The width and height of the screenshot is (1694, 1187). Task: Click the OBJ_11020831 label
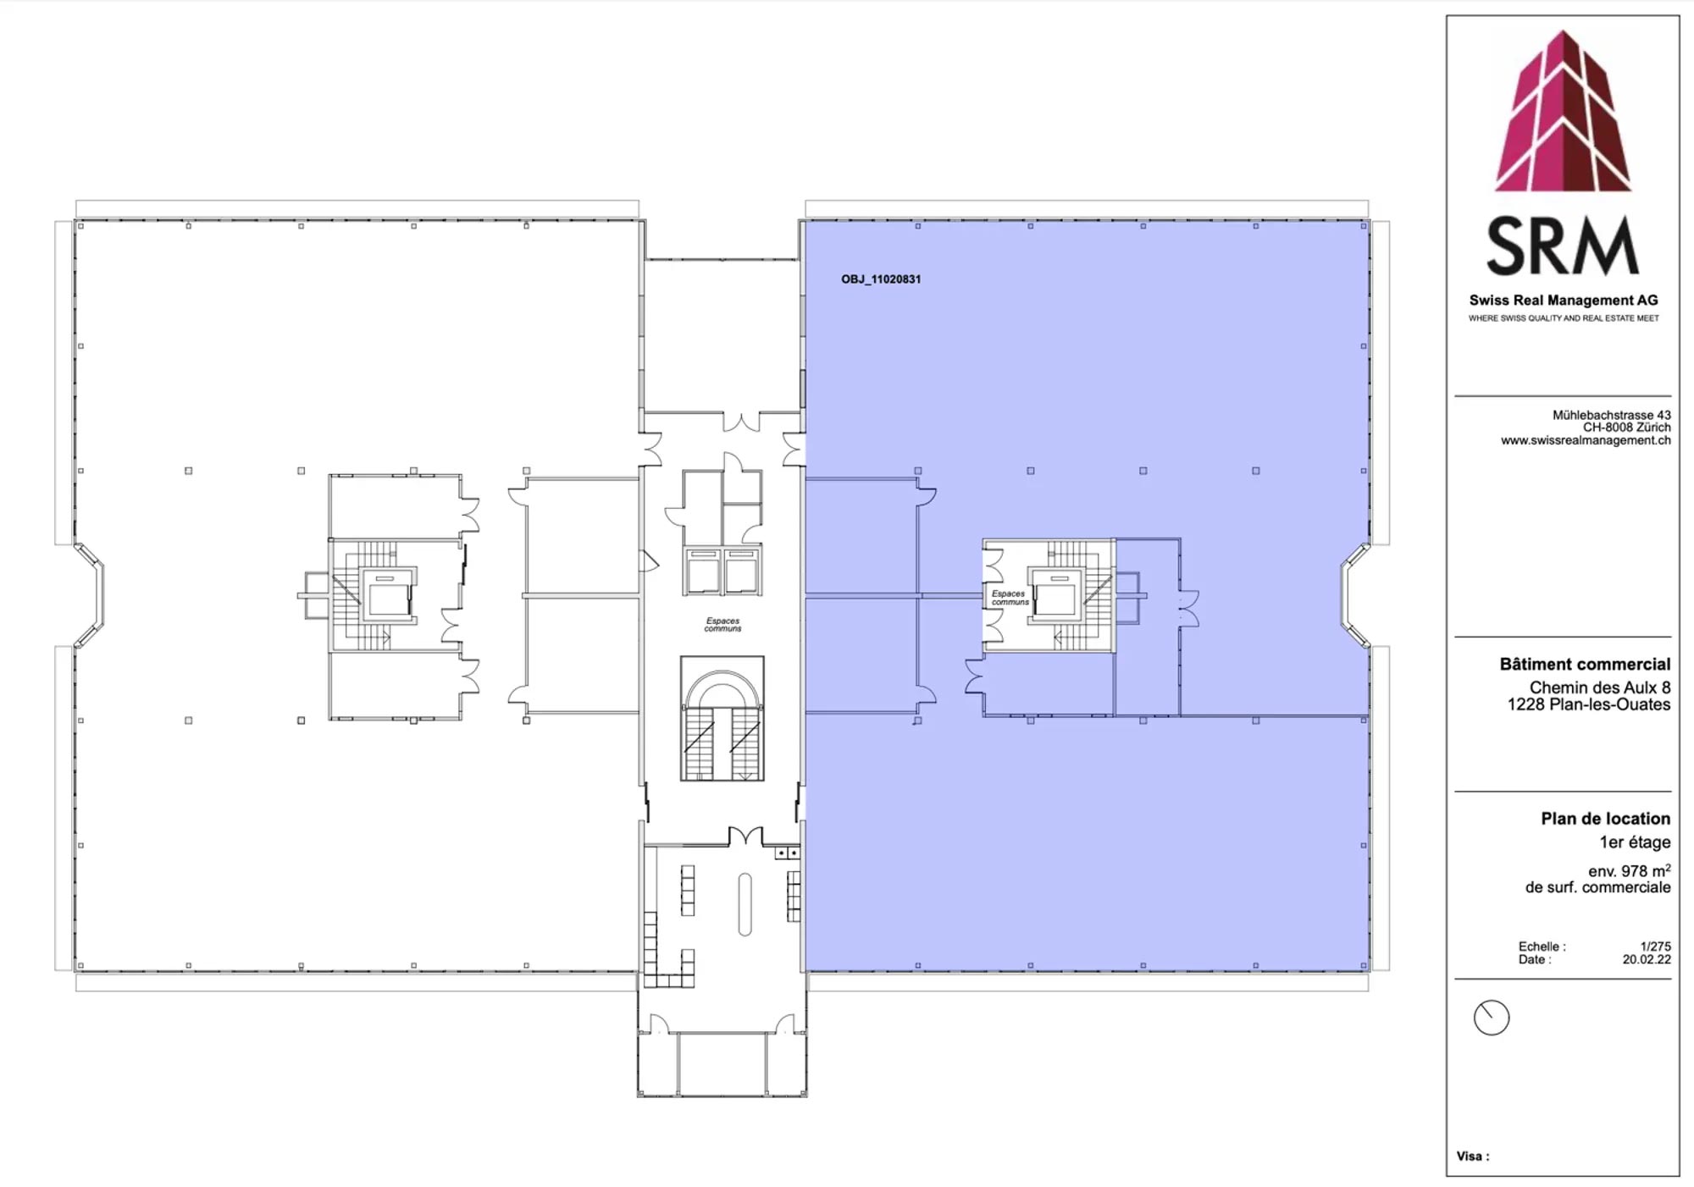[881, 279]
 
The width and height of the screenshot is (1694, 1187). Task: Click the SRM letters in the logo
[1563, 246]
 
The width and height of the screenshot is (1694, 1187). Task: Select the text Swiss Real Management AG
[1564, 301]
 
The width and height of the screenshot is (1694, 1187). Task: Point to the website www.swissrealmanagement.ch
[1586, 440]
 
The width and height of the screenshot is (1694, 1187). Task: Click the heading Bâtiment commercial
[1585, 665]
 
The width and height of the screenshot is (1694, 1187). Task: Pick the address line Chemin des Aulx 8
[1600, 687]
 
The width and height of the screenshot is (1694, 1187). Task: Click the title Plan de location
[1605, 819]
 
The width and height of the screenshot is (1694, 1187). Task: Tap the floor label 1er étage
[1635, 842]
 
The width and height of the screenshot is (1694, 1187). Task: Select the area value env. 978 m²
[1629, 870]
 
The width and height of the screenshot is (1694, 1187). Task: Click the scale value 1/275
[1655, 947]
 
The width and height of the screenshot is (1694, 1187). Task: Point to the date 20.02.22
[1647, 960]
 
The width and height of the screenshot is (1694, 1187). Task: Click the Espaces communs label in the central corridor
[722, 625]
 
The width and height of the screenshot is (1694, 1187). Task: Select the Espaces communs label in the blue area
[1010, 598]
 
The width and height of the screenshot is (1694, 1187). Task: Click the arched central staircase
[722, 719]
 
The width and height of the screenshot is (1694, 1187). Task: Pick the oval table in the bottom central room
[745, 904]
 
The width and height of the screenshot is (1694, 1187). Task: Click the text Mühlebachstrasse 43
[1611, 415]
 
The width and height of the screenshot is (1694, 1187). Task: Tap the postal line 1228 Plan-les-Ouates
[1589, 704]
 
